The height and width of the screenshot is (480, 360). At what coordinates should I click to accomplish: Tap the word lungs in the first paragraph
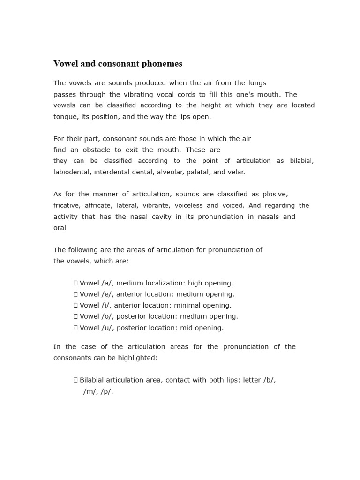click(256, 83)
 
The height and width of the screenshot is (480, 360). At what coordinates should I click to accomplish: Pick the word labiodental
click(72, 172)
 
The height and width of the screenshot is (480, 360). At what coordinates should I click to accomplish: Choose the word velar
click(235, 172)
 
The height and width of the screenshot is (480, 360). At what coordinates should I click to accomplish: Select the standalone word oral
click(60, 228)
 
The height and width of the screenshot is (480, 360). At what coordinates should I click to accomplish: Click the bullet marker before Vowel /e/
click(75, 294)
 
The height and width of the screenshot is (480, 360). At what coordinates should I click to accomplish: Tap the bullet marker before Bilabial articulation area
click(75, 380)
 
